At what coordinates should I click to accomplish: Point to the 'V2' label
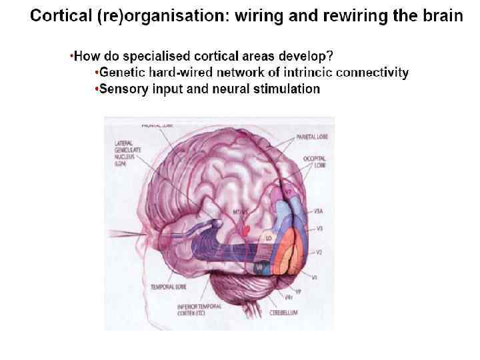click(x=319, y=253)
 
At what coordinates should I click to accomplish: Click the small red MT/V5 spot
click(x=247, y=229)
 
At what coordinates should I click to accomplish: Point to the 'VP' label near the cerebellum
click(x=297, y=291)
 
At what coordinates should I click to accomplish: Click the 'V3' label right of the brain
click(x=319, y=228)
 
